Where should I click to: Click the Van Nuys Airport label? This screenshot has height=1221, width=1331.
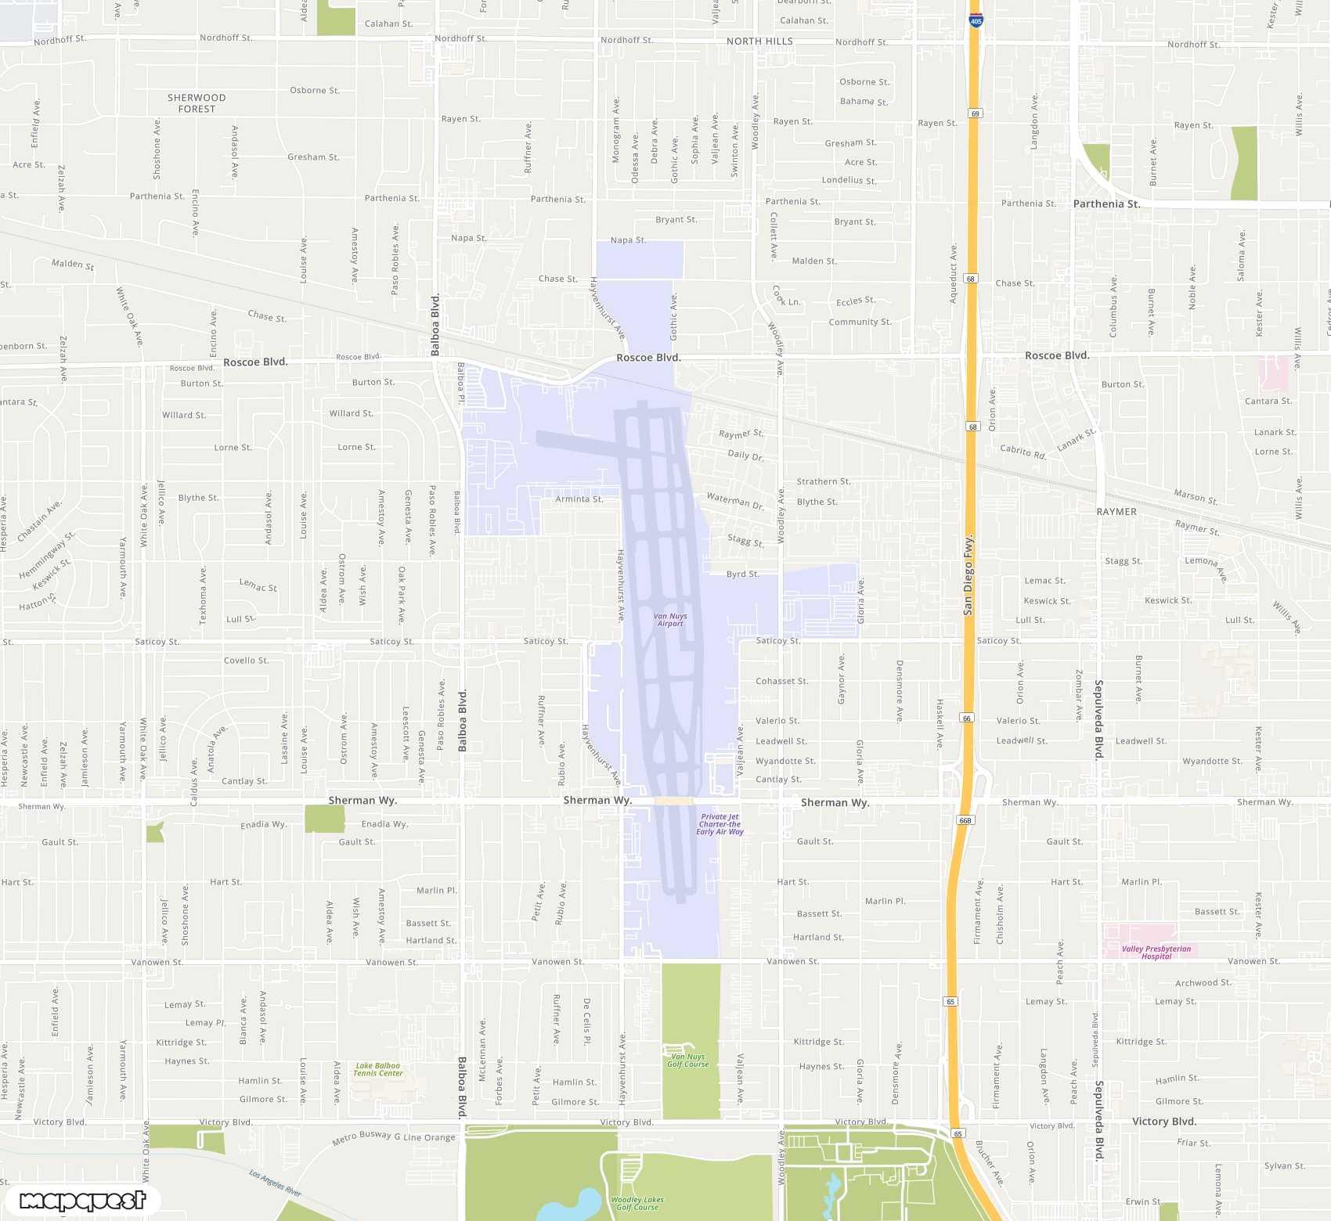click(x=670, y=620)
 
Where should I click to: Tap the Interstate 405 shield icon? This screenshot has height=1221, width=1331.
click(x=976, y=20)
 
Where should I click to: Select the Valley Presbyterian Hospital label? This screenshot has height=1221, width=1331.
click(x=1156, y=953)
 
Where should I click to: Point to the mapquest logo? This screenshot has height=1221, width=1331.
click(x=82, y=1200)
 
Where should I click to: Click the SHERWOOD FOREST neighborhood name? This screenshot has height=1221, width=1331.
click(x=197, y=103)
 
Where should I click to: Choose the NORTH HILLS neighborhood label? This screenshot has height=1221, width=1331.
click(x=759, y=41)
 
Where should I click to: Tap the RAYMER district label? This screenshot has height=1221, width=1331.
click(x=1116, y=512)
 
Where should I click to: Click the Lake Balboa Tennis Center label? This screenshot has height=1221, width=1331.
click(x=377, y=1069)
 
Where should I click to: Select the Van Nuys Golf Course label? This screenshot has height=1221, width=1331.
click(x=687, y=1061)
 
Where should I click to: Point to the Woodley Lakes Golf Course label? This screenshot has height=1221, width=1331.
click(x=637, y=1203)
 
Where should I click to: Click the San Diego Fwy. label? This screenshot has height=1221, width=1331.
click(x=968, y=575)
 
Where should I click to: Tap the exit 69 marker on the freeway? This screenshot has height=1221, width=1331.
click(x=975, y=113)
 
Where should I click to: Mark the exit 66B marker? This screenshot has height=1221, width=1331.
click(x=965, y=820)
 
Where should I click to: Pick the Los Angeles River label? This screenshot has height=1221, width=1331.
click(x=275, y=1183)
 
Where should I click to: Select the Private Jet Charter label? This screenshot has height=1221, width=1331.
click(x=720, y=824)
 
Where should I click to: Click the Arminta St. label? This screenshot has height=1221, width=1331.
click(x=579, y=499)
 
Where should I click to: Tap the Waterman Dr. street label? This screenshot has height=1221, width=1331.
click(x=735, y=501)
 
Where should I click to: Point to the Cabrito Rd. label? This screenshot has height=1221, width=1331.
click(x=1023, y=452)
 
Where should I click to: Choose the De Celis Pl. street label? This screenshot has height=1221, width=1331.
click(x=586, y=1021)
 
